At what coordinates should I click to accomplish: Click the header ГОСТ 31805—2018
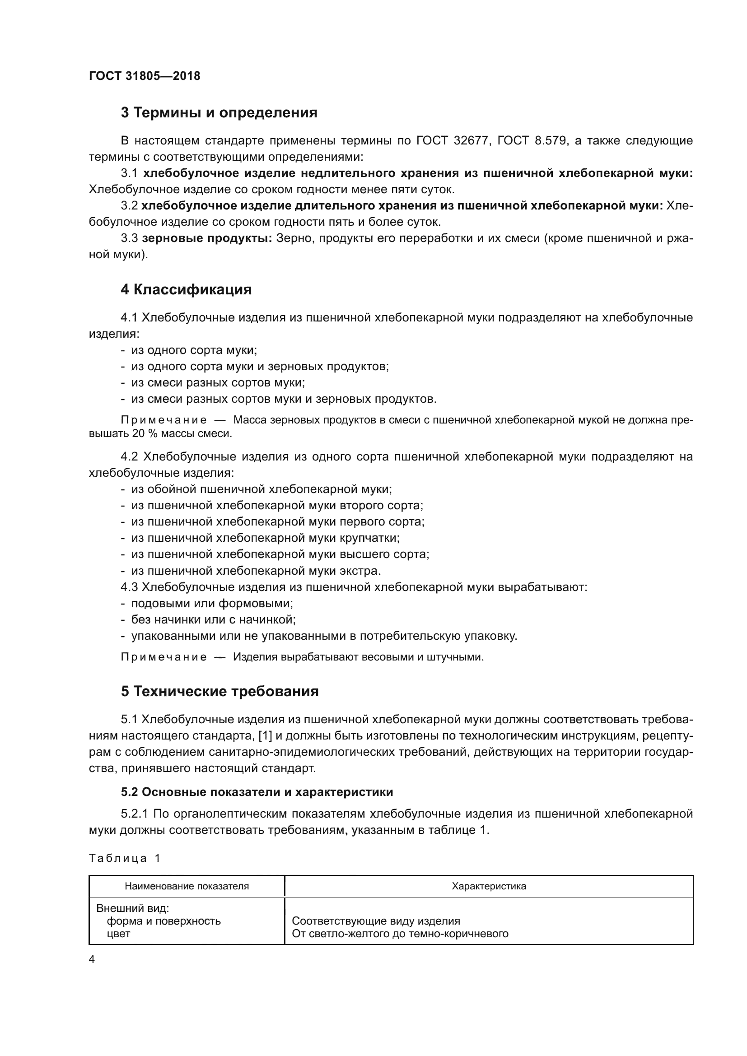click(145, 76)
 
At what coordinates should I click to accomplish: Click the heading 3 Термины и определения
click(219, 113)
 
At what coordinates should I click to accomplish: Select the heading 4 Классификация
click(186, 290)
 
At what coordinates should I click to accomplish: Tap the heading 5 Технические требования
click(219, 692)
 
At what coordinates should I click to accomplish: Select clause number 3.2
click(129, 205)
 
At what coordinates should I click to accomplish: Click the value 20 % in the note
click(145, 433)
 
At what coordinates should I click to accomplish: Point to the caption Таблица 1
click(124, 858)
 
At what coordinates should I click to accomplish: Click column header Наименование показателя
click(187, 886)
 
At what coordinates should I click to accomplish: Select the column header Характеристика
click(489, 886)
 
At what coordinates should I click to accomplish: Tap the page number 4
click(92, 959)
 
